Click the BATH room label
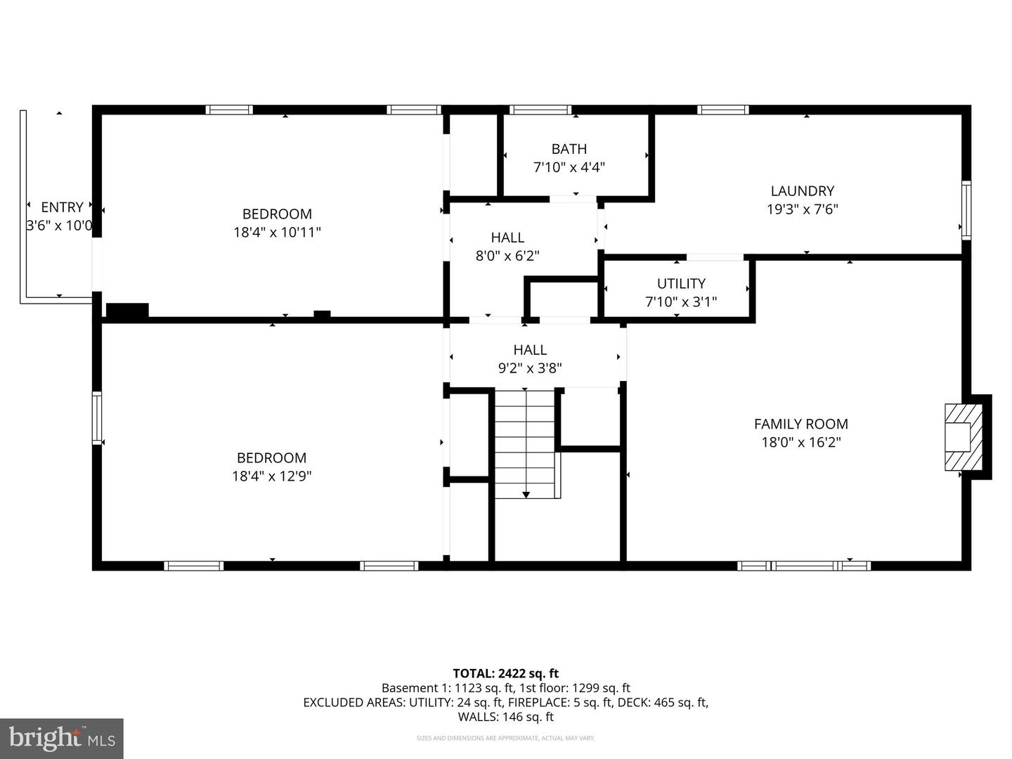[x=569, y=149]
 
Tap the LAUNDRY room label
[x=802, y=190]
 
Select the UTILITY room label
[x=680, y=283]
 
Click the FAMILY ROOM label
[x=800, y=424]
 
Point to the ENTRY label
[x=62, y=207]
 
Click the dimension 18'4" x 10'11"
[x=277, y=232]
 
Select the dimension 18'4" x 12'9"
[x=271, y=476]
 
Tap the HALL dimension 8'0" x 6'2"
[x=507, y=256]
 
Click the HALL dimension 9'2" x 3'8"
[x=530, y=368]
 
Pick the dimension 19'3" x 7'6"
[x=802, y=209]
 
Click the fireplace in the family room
[x=962, y=436]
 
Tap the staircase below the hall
[x=526, y=443]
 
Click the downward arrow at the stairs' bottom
[x=526, y=495]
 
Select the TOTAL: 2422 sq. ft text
[x=505, y=673]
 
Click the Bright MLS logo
[x=61, y=738]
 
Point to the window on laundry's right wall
[x=966, y=210]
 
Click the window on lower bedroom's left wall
[x=97, y=418]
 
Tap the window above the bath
[x=540, y=110]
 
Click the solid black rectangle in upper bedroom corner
[x=127, y=310]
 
